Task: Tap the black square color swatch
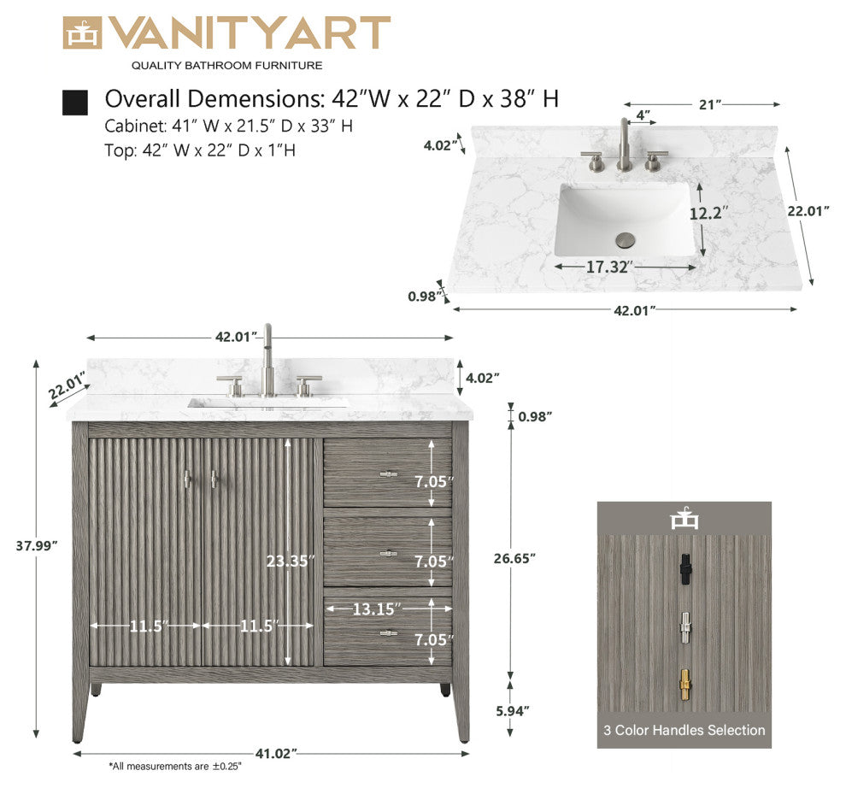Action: (75, 103)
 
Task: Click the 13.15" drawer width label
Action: (376, 609)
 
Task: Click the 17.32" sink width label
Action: (608, 267)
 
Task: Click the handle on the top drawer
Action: (389, 473)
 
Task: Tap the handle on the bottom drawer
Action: (389, 633)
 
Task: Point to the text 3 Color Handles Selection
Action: (684, 730)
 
